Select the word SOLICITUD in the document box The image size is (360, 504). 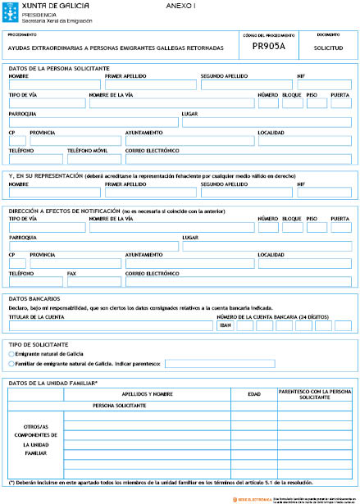328,48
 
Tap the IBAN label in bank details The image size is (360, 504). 226,325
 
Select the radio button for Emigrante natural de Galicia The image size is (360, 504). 11,353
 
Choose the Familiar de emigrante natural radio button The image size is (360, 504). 11,363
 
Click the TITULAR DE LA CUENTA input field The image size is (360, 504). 111,325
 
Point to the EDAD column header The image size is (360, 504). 253,394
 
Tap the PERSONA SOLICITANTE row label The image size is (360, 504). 119,406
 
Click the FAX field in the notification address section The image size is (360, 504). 93,281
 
